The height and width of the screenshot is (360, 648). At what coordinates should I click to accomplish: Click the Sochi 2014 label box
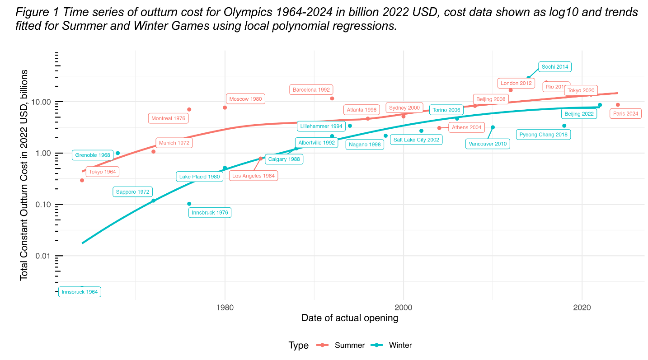coord(555,67)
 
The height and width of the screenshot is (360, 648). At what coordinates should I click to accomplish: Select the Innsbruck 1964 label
coord(80,292)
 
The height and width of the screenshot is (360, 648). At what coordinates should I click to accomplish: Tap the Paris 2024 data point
coord(618,105)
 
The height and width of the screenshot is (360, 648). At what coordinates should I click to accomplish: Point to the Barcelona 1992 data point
coord(332,98)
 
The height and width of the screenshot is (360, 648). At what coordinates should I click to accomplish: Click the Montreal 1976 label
coord(168,118)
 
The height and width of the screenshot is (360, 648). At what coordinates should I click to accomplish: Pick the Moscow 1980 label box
coord(245,99)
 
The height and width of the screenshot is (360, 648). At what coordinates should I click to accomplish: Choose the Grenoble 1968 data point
coord(118,153)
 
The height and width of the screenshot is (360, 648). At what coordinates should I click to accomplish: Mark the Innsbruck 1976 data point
coord(189,204)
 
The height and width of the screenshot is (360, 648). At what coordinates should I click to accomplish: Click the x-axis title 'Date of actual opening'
coord(350,318)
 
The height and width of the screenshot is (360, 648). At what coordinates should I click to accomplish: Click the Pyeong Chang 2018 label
coord(543,135)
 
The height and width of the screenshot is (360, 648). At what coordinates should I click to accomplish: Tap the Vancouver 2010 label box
coord(488,144)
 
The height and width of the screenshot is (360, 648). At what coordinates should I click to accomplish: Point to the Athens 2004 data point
coord(439,128)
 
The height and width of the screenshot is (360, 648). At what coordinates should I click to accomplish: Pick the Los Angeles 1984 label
coord(253,176)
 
